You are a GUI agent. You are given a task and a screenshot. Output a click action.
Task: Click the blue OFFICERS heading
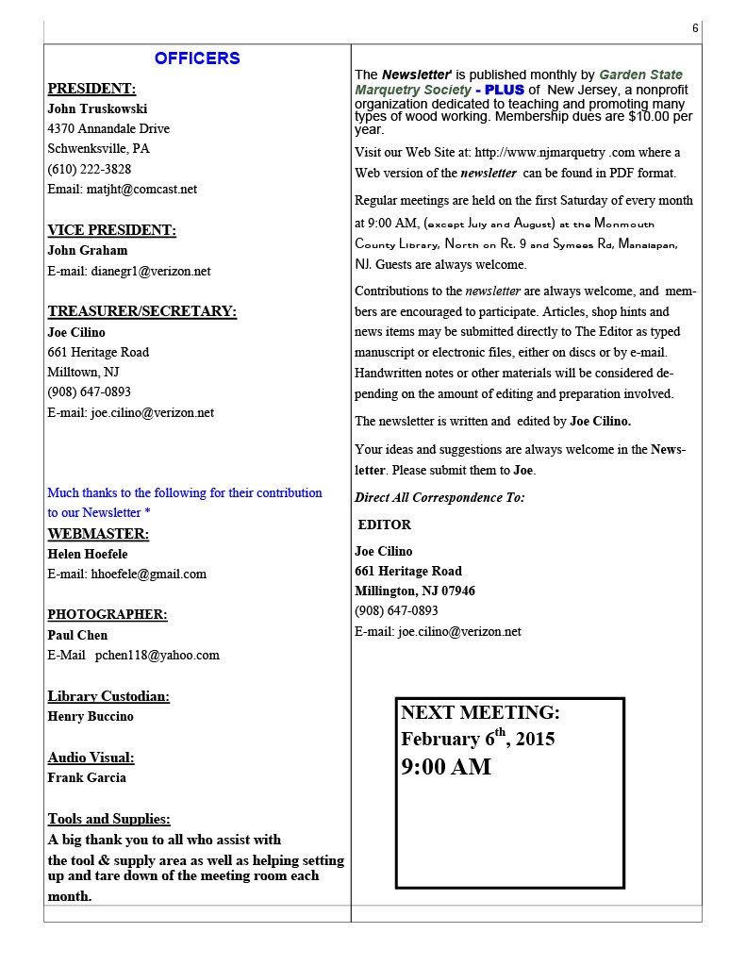pos(197,58)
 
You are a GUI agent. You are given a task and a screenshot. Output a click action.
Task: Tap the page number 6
pos(695,28)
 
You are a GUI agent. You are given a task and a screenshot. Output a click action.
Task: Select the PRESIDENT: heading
pos(91,89)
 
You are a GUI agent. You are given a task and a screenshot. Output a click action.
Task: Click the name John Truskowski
pos(97,108)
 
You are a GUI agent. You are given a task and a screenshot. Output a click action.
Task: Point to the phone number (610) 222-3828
pos(90,169)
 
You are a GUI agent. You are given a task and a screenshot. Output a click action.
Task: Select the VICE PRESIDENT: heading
pos(111,230)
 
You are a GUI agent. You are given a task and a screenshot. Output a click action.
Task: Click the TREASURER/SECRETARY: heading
pos(141,311)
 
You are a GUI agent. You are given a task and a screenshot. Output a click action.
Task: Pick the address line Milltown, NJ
pos(83,372)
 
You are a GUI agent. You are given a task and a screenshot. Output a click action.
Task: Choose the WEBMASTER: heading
pos(98,534)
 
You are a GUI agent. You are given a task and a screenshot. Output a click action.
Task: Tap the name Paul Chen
pos(77,635)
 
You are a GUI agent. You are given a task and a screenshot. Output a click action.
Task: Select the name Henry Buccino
pos(91,716)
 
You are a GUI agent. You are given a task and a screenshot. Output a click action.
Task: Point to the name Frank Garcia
pos(87,777)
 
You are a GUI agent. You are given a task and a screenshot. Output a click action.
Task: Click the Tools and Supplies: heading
pos(108,819)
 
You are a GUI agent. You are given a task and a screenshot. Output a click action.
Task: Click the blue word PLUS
pos(505,90)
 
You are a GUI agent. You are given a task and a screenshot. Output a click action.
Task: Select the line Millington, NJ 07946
pos(415,591)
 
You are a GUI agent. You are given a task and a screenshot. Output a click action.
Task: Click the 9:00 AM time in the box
pos(446,767)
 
